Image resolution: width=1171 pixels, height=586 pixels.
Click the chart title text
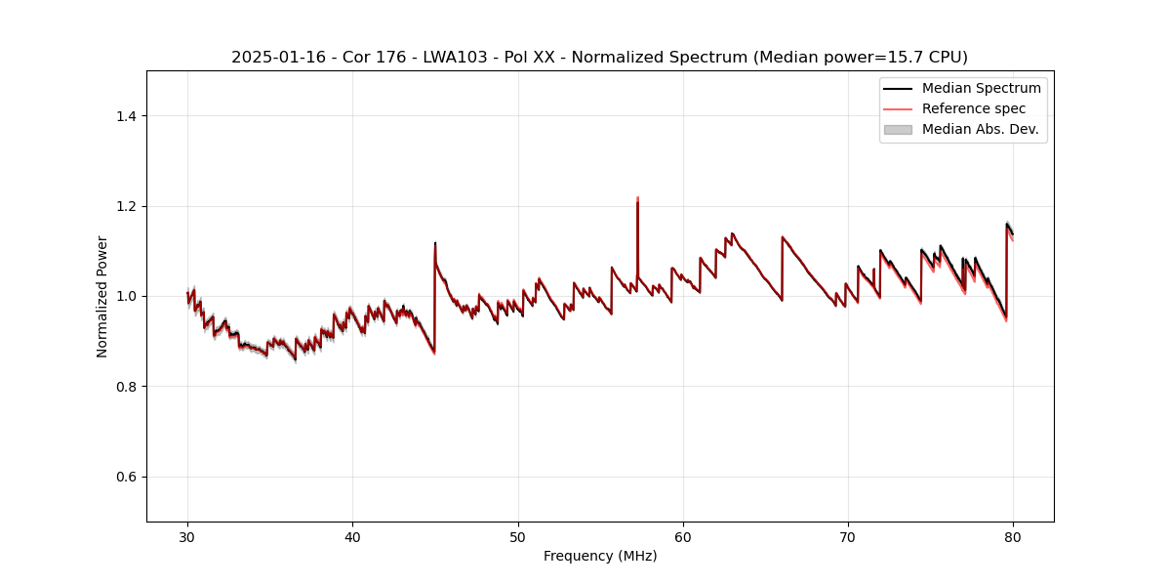tap(599, 57)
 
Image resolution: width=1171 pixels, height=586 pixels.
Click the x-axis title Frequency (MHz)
tap(600, 556)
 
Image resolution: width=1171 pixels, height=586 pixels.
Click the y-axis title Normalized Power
tap(102, 296)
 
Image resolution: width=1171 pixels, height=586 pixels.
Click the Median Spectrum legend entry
tap(981, 88)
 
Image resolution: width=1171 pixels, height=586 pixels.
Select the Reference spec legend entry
tap(973, 108)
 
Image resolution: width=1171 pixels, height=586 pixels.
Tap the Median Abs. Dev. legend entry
tap(980, 129)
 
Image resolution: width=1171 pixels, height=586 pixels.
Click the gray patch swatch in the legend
tap(898, 129)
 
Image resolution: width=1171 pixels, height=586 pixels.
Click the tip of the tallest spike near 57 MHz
tap(637, 198)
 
